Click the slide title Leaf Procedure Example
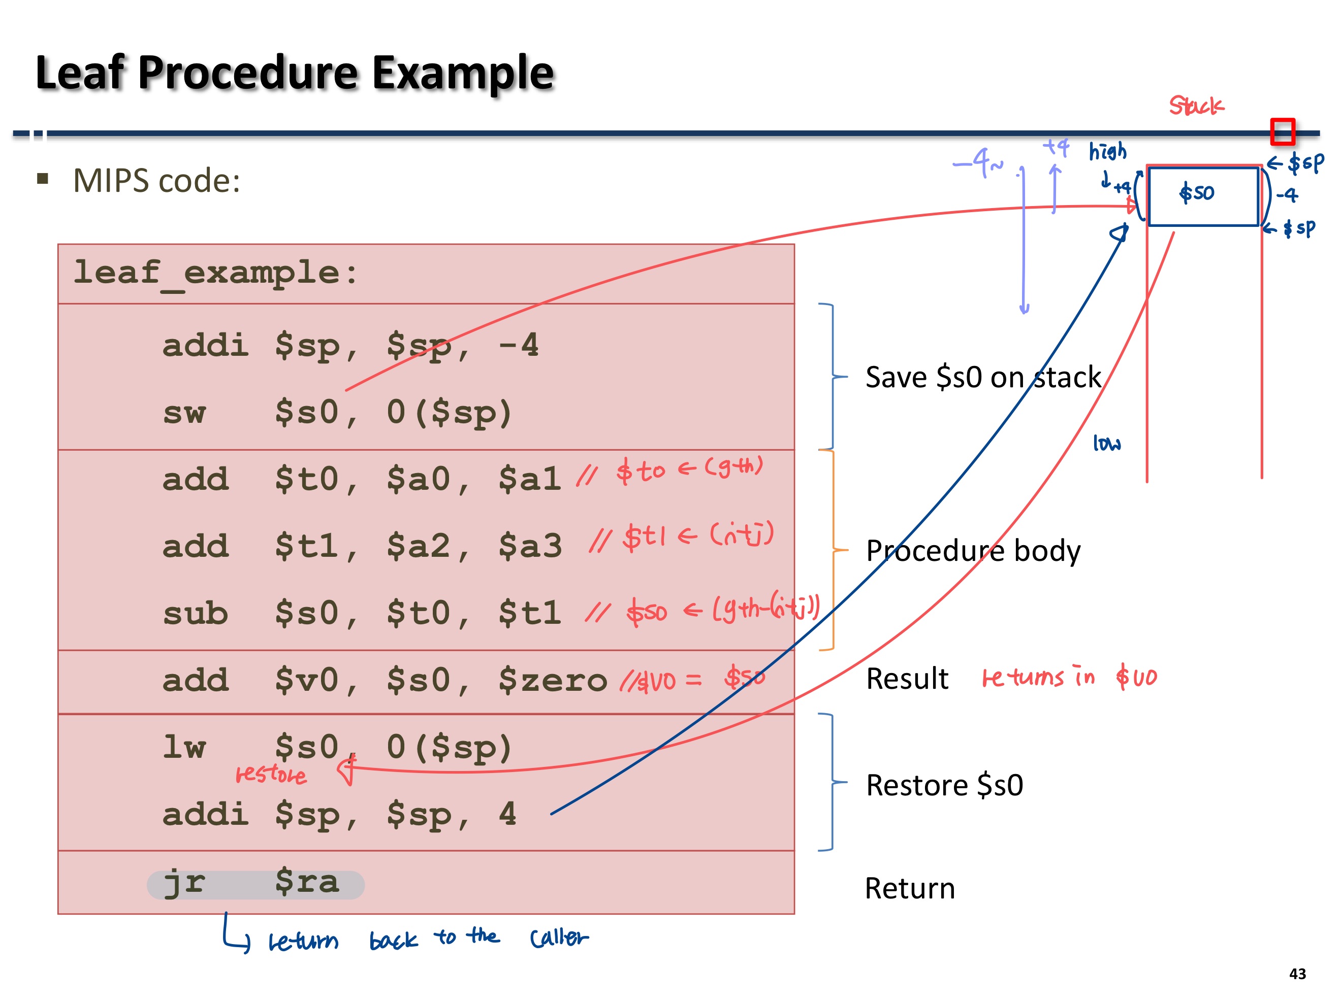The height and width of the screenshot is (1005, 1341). point(295,73)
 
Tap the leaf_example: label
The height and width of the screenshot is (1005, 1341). point(215,273)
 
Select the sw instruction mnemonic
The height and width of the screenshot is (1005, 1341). point(184,413)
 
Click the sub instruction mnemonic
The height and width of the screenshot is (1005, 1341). point(195,614)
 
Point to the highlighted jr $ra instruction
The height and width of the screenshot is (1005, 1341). point(254,883)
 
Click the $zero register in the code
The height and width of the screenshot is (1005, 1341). point(552,681)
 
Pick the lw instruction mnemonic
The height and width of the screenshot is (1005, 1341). point(184,748)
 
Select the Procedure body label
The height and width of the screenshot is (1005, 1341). point(972,551)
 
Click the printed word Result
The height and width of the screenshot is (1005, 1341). point(907,679)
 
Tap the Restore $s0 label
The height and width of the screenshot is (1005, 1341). point(944,785)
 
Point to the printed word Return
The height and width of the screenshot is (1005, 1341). point(909,889)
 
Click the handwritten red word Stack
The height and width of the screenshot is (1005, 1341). point(1196,106)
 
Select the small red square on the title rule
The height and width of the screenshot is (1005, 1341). point(1283,131)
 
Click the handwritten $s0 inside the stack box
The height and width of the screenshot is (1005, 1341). point(1196,193)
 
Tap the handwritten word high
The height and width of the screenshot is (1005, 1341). point(1108,151)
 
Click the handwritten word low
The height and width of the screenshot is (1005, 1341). point(1106,444)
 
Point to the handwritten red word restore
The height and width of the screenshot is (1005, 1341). point(270,775)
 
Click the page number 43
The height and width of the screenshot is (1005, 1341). point(1297,974)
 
